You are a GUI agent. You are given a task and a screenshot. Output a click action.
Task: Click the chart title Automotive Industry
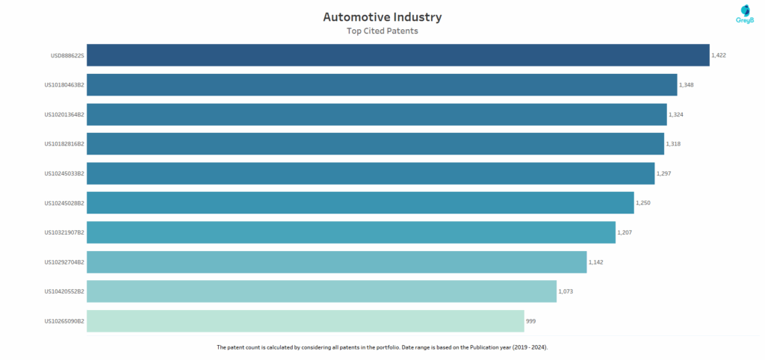(x=382, y=16)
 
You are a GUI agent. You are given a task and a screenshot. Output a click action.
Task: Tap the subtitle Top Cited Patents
(x=382, y=31)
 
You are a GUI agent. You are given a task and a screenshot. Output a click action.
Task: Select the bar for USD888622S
(x=397, y=55)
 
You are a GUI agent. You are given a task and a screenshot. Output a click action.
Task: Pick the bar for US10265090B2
(x=305, y=321)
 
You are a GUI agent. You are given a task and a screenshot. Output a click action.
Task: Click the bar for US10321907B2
(x=350, y=232)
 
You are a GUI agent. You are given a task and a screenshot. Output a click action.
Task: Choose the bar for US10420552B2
(x=321, y=291)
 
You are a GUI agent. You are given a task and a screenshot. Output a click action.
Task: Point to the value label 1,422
(x=719, y=55)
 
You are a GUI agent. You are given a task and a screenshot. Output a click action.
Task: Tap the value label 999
(x=530, y=321)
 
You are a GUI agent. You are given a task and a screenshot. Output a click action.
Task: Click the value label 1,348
(x=687, y=84)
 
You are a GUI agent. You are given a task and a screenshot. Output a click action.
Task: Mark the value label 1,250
(x=643, y=203)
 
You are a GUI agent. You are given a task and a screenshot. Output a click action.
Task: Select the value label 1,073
(x=566, y=291)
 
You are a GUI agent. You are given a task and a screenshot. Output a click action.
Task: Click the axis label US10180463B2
(x=64, y=85)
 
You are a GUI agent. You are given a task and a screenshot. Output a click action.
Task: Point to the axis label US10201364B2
(x=64, y=114)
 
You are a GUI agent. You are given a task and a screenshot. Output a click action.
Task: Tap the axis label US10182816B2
(x=64, y=144)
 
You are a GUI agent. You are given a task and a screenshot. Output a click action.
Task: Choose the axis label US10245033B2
(x=64, y=173)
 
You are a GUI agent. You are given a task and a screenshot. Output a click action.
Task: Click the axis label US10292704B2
(x=64, y=262)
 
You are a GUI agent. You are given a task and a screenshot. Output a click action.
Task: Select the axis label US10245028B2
(x=64, y=203)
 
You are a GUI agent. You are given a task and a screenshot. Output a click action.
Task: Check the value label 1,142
(x=596, y=262)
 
